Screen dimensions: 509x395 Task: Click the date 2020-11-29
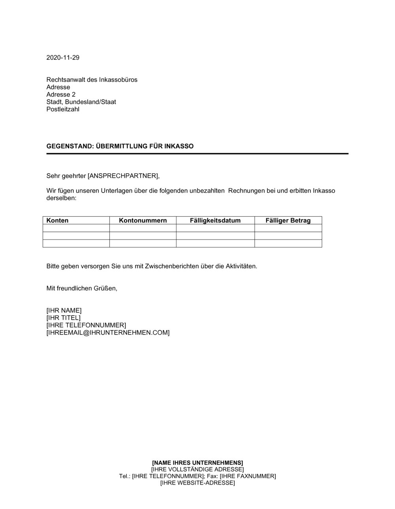[63, 58]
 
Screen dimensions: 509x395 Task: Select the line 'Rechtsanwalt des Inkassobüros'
[92, 80]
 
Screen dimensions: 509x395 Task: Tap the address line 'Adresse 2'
[61, 95]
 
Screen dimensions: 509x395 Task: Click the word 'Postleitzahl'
[63, 109]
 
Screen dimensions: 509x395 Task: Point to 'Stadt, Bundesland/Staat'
[81, 102]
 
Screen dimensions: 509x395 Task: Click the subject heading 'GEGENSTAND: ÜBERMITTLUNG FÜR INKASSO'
[120, 146]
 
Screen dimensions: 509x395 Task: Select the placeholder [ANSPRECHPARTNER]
[123, 176]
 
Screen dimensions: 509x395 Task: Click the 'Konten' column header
[57, 221]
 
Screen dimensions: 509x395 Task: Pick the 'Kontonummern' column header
[143, 221]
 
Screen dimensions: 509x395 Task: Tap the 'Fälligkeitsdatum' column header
[215, 221]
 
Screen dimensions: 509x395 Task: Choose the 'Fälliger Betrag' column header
[288, 221]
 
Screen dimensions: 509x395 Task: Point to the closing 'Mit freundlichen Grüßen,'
[82, 288]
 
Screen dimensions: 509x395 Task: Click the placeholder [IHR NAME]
[64, 311]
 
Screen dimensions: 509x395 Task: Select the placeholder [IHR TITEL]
[63, 318]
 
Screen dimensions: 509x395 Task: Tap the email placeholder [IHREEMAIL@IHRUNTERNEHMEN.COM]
[108, 333]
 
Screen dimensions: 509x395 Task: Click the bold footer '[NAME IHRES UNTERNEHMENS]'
[197, 462]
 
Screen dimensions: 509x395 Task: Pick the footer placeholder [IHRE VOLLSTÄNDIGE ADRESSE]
[197, 469]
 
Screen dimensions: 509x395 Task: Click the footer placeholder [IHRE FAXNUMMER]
[248, 476]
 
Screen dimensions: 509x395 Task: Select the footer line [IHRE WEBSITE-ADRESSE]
[197, 483]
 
